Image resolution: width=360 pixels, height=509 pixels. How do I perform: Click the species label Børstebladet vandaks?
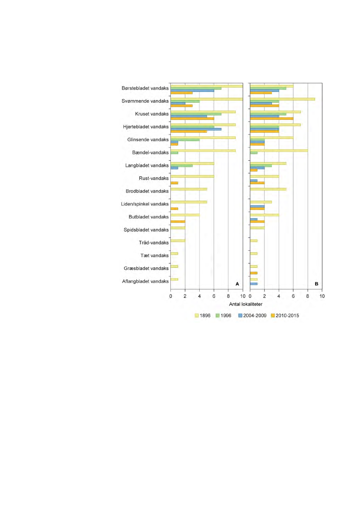(145, 88)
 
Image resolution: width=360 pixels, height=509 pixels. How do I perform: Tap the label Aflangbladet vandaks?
(145, 281)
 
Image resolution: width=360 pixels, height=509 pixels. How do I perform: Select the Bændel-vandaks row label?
(150, 152)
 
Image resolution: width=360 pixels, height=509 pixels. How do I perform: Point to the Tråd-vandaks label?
(154, 243)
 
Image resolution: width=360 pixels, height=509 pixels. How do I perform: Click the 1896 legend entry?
(202, 316)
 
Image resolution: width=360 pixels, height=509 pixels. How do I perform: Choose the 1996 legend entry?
(224, 316)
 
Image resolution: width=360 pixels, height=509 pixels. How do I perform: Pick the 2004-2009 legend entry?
(252, 316)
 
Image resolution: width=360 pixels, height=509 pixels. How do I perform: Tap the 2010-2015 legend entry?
(285, 316)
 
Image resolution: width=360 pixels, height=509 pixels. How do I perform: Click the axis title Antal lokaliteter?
(246, 304)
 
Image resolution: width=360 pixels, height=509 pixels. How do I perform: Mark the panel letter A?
(237, 284)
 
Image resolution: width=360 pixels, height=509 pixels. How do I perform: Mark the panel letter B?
(316, 284)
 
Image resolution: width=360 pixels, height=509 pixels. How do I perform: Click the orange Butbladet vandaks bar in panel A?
(178, 222)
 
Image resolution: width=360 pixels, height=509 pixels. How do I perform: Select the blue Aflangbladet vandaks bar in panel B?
(254, 284)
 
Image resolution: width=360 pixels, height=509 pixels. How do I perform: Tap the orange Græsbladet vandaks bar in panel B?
(254, 273)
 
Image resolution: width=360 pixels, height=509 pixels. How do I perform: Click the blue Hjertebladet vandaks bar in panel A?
(196, 129)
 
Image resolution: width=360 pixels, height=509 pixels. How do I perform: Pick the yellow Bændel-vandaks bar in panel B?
(279, 151)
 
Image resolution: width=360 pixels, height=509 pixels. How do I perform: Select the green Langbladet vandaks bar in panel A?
(182, 165)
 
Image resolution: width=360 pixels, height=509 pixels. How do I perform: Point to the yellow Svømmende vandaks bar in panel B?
(283, 99)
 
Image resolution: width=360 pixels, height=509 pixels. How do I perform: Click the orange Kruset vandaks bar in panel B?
(272, 118)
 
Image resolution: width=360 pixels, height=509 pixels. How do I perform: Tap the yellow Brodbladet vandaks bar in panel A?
(189, 189)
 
